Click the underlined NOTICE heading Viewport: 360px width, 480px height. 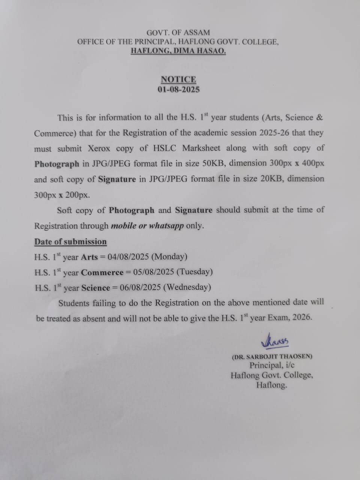coord(178,79)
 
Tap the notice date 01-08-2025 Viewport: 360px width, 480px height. coord(178,90)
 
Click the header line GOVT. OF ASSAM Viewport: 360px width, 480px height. coord(178,33)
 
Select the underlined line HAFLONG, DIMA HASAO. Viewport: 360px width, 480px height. coord(178,51)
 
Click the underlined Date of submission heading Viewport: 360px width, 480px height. coord(70,242)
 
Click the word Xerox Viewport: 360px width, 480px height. coord(99,148)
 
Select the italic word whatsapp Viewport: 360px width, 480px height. coord(166,226)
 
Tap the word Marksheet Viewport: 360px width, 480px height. coord(201,148)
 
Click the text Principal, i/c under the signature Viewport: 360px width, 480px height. coord(272,365)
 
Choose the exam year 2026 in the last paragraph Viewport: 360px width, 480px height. coord(301,317)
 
